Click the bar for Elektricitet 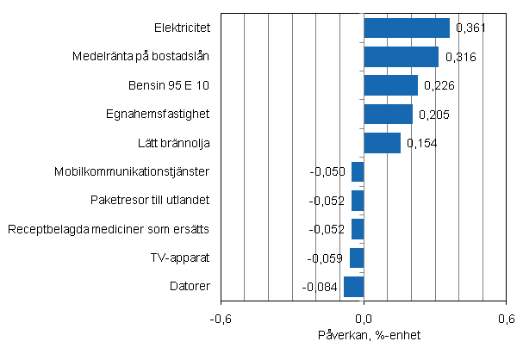pos(407,28)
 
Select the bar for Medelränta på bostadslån pos(402,57)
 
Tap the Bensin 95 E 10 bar pos(390,85)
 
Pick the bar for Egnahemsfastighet pos(388,114)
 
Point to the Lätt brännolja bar pos(382,143)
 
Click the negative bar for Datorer pos(354,286)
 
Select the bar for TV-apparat pos(357,258)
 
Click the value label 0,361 pos(471,28)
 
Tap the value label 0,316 pos(461,58)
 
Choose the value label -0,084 pos(321,287)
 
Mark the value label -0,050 pos(328,171)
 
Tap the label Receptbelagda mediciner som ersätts pos(109,229)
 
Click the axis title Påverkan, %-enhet pos(364,335)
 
